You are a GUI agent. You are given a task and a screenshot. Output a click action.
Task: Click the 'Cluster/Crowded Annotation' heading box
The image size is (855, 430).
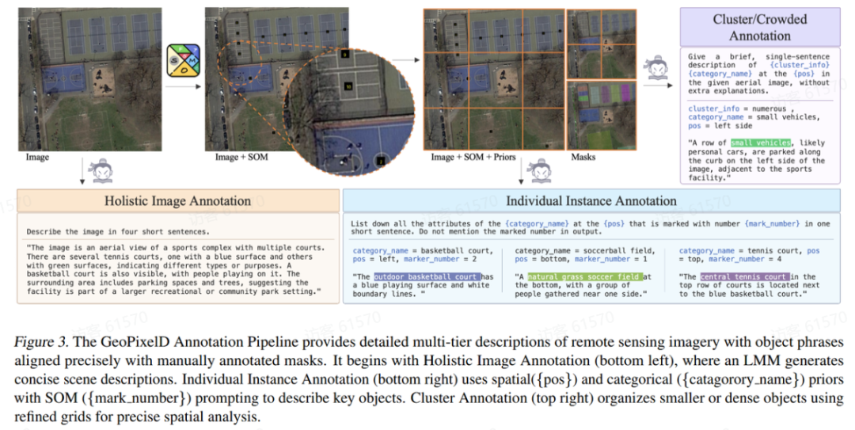click(760, 27)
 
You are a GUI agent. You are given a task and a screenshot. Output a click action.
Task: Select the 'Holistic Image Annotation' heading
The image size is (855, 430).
click(177, 201)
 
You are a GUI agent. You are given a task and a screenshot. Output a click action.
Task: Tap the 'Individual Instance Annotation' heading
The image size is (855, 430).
click(591, 201)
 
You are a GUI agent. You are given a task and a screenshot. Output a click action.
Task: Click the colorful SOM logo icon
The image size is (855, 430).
click(183, 62)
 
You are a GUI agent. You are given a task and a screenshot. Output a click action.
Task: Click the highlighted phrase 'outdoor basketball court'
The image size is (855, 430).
click(426, 276)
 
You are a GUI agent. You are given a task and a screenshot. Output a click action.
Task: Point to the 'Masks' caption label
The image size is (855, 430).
click(583, 157)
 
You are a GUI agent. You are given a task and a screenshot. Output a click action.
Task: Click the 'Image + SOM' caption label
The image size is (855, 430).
click(241, 157)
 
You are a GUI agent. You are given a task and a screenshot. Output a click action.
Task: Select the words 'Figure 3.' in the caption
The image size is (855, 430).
click(36, 343)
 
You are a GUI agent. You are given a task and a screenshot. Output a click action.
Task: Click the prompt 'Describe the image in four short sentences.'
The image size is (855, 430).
click(117, 231)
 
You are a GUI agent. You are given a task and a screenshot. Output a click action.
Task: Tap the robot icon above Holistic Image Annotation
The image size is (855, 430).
click(102, 171)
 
